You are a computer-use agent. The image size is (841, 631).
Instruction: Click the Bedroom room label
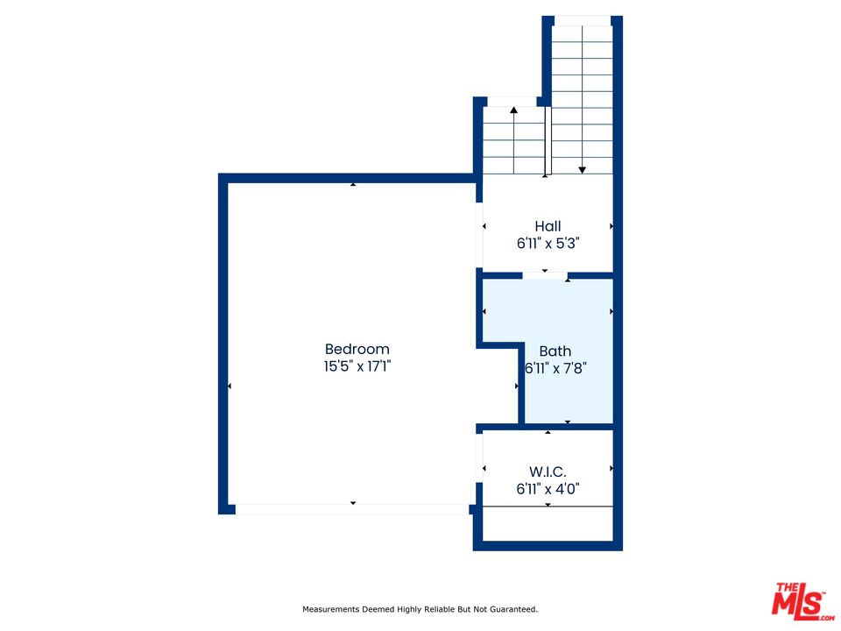click(357, 349)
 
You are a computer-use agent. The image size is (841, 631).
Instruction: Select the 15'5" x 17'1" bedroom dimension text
click(357, 366)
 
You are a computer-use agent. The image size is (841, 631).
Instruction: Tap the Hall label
click(548, 226)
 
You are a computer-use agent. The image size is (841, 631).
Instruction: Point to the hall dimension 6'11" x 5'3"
click(548, 244)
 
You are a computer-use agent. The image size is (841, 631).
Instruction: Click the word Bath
click(555, 351)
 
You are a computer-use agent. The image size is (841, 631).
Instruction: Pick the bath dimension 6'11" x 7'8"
click(555, 368)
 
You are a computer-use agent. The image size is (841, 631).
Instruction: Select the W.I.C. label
click(548, 471)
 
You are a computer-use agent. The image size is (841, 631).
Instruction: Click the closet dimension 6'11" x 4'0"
click(548, 489)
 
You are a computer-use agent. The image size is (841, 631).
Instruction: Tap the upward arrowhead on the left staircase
click(514, 110)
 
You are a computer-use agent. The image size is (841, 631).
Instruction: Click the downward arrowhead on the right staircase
click(582, 170)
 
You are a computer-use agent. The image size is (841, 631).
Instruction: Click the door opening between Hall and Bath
click(545, 276)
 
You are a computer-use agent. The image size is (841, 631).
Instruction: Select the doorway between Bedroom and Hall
click(479, 236)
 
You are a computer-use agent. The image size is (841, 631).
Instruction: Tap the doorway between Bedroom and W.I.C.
click(479, 457)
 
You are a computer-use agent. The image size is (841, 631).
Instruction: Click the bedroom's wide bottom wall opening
click(352, 509)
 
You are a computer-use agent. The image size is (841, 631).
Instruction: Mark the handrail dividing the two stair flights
click(548, 140)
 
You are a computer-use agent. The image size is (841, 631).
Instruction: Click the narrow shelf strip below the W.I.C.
click(548, 524)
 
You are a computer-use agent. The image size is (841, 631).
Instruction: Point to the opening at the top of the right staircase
click(583, 21)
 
